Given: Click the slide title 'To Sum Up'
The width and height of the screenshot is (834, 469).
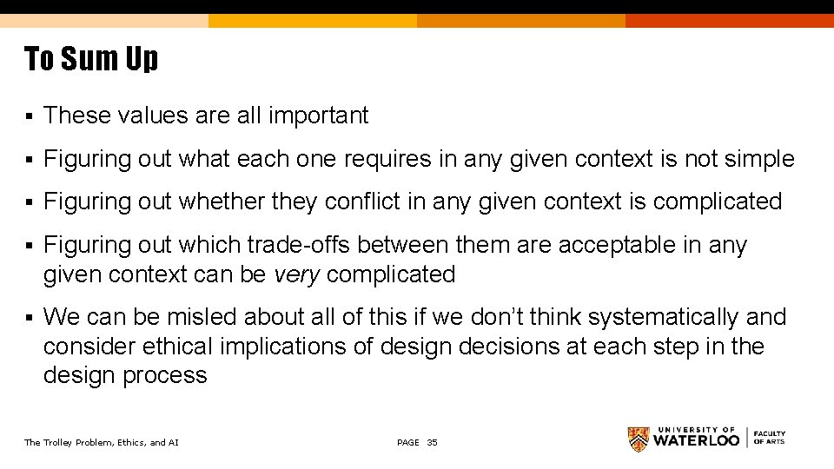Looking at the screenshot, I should click(x=91, y=59).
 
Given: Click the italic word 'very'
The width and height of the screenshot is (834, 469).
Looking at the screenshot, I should click(x=297, y=274).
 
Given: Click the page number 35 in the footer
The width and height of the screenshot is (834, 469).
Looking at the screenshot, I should click(x=433, y=443).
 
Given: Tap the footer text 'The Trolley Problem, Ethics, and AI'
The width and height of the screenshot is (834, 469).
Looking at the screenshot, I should click(x=102, y=443).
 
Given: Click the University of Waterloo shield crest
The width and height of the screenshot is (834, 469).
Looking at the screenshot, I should click(x=639, y=439).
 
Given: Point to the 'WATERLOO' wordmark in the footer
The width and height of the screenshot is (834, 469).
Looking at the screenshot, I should click(x=697, y=440).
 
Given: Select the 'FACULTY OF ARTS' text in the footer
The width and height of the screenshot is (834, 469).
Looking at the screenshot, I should click(x=769, y=438).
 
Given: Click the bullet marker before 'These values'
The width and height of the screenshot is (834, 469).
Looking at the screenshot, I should click(x=29, y=116).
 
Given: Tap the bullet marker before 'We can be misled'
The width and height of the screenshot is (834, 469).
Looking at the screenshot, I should click(x=29, y=318).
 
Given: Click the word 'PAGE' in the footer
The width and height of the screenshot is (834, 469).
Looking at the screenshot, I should click(x=407, y=443).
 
